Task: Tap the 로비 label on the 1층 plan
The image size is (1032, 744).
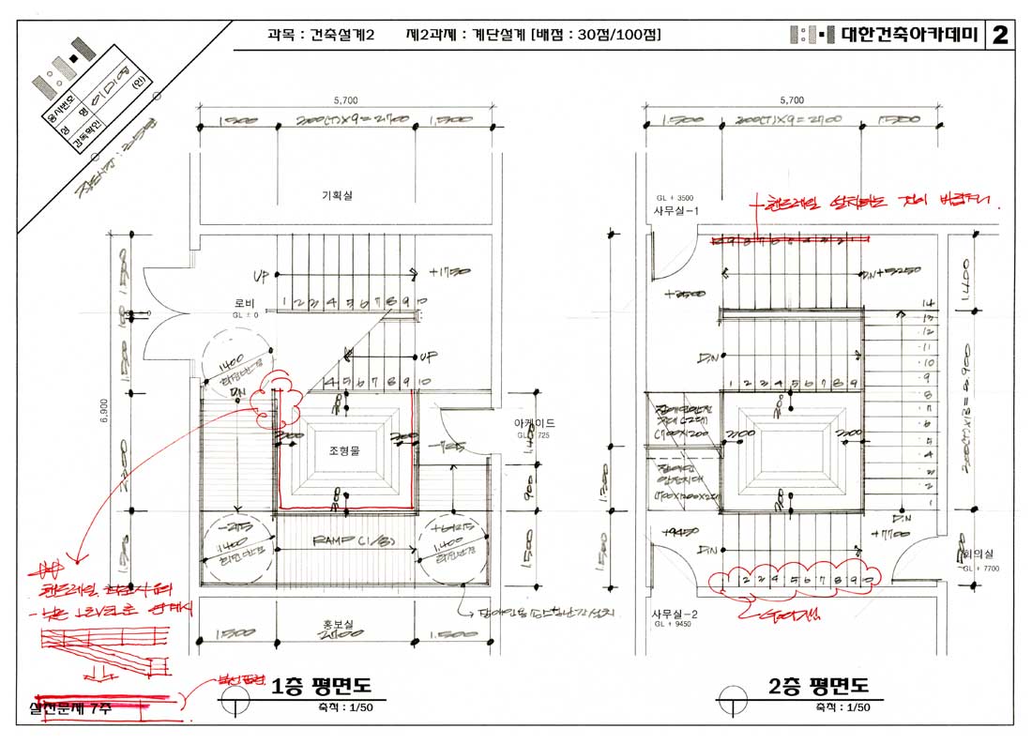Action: [245, 304]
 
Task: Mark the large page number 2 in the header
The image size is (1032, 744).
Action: [999, 36]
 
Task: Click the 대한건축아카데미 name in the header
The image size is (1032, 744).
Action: [909, 36]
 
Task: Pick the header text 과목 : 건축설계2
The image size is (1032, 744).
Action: [321, 35]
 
